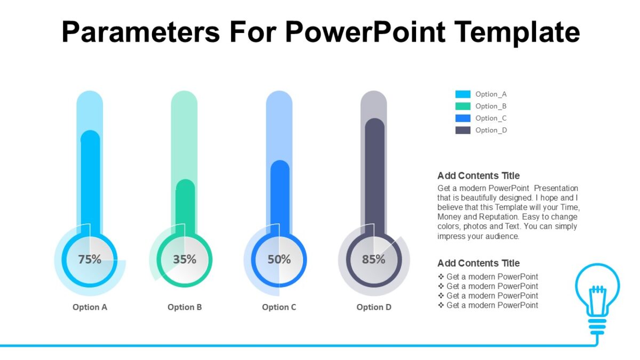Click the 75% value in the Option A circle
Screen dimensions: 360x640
90,260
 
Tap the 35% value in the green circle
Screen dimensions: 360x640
185,260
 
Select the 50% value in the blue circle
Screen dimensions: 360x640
279,260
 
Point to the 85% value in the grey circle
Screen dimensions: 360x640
373,260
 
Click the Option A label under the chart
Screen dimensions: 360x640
90,307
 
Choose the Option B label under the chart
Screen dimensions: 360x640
185,307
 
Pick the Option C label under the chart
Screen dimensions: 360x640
279,307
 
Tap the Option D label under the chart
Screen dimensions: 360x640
374,307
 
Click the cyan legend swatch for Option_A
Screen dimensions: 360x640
463,94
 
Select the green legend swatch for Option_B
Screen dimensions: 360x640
463,106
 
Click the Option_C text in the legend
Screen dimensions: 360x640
491,118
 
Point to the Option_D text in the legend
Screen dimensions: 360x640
491,130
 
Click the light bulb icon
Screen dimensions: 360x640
597,293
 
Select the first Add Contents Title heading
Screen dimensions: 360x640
478,175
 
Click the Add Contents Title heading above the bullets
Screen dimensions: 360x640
478,263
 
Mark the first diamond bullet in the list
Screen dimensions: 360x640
441,277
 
